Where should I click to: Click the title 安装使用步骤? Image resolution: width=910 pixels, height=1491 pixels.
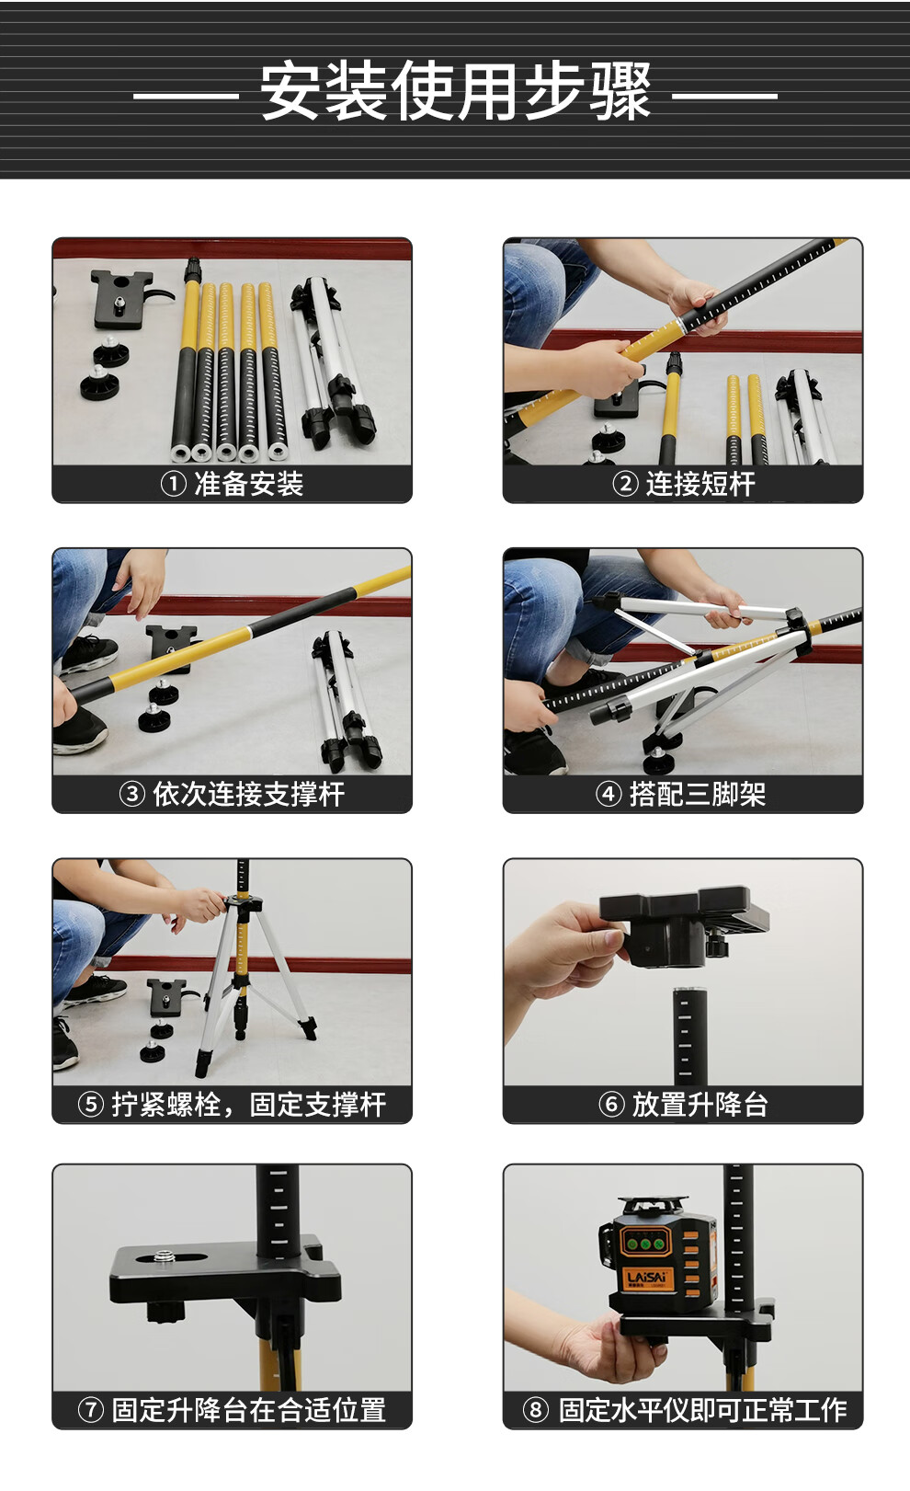[455, 91]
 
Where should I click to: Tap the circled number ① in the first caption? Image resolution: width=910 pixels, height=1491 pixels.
[173, 484]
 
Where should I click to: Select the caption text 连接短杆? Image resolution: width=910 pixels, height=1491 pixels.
[700, 484]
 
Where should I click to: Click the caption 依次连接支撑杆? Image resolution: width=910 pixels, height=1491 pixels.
[249, 794]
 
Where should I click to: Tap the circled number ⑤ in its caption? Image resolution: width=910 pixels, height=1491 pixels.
[90, 1105]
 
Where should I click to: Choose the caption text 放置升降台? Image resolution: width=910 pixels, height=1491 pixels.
[700, 1105]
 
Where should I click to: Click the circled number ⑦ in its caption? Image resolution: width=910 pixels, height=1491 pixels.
[90, 1410]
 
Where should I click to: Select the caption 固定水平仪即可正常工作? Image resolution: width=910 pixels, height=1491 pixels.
[702, 1410]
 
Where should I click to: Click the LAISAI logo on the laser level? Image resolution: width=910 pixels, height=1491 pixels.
[644, 1278]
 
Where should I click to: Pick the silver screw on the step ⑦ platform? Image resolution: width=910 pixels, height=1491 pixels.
[163, 1256]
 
